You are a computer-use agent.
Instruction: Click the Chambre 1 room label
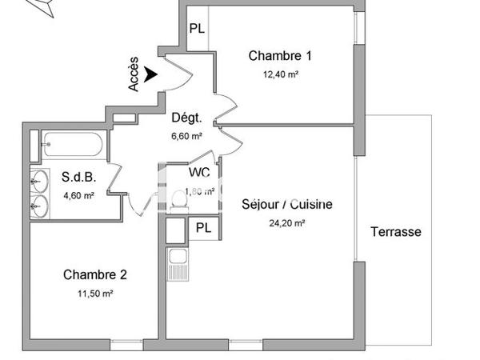point(279,56)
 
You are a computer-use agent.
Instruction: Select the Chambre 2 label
point(95,274)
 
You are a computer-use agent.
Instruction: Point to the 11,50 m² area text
point(95,294)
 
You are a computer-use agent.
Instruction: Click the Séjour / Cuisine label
point(286,204)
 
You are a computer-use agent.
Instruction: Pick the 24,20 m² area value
point(286,223)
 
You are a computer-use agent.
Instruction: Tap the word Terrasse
point(395,232)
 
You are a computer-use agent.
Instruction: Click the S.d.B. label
point(78,177)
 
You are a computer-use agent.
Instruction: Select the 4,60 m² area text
point(78,195)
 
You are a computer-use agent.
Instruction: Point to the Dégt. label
point(186,118)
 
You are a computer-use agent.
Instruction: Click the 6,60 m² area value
point(186,136)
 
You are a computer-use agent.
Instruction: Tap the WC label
point(200,171)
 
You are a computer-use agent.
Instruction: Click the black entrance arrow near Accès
point(151,72)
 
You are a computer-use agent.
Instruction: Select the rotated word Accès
point(134,74)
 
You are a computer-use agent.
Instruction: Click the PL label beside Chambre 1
point(197,29)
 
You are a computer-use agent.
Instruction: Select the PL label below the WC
point(204,228)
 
